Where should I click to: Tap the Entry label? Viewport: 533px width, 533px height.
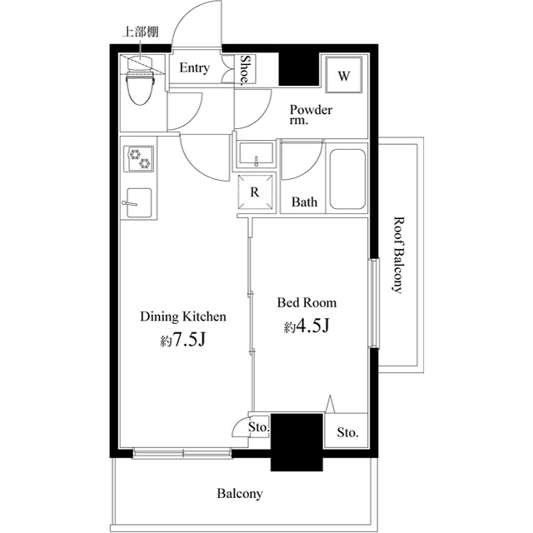point(195,68)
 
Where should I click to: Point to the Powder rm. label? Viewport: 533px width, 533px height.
point(311,115)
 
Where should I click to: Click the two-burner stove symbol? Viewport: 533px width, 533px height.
point(139,158)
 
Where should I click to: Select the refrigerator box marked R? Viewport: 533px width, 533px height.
point(255,192)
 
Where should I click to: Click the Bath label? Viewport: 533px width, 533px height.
point(303,202)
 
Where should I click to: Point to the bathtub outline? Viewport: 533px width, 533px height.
point(346,180)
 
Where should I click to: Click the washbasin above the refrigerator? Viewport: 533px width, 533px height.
point(255,155)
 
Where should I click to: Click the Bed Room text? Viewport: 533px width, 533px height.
point(307,303)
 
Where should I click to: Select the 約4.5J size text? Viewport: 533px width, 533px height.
point(307,326)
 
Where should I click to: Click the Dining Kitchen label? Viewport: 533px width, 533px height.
point(183,316)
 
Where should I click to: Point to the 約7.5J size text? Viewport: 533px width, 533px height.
point(183,341)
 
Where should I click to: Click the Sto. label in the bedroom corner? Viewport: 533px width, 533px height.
point(347,433)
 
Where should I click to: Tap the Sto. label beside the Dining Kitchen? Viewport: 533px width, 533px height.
point(259,427)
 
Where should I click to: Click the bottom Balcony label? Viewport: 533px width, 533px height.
point(240,494)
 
